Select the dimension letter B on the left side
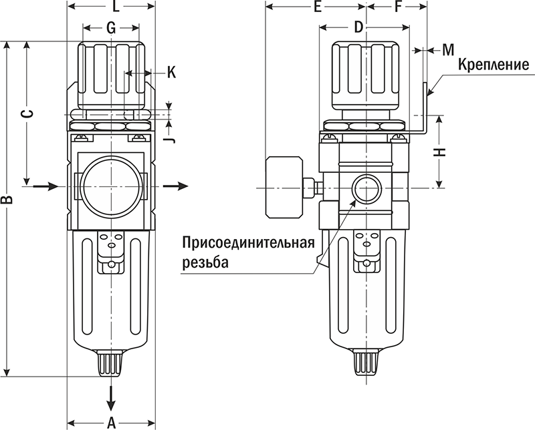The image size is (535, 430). tap(9, 200)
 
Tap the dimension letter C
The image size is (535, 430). tap(27, 114)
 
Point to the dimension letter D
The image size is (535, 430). tap(358, 27)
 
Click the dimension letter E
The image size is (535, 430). tap(318, 8)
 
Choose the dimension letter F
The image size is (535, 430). tap(399, 8)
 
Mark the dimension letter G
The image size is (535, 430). tap(111, 27)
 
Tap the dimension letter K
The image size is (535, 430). tap(171, 72)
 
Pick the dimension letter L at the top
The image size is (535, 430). tap(115, 8)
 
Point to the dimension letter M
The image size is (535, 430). tap(448, 49)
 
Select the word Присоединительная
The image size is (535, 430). tap(248, 242)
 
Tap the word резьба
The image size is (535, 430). tap(205, 262)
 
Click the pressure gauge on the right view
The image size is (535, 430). tap(284, 187)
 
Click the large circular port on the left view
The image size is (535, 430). tap(112, 186)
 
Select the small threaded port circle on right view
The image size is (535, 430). tap(366, 188)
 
